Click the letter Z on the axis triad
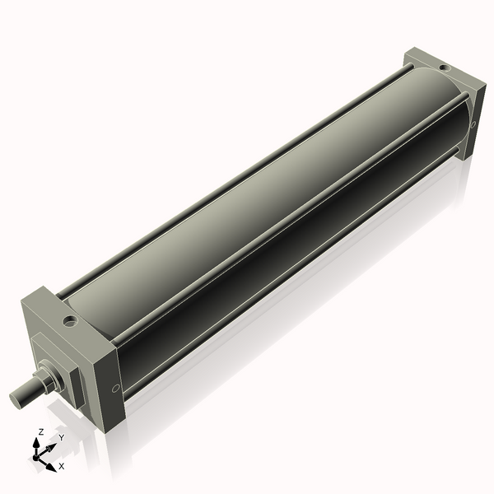pos(41,431)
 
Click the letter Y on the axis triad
pos(61,438)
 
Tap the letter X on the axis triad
pos(62,466)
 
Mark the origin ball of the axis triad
pos(37,455)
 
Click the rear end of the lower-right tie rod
pos(458,149)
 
